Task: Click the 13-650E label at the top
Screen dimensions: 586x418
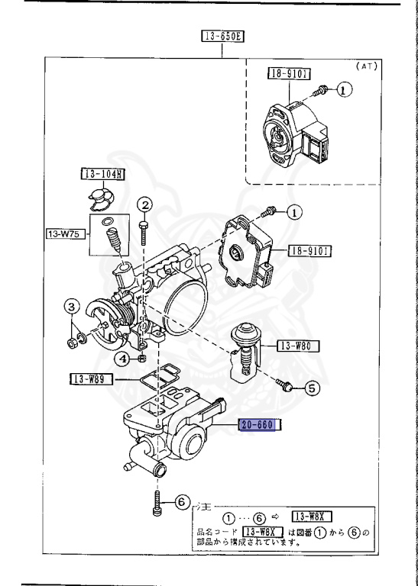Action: pos(221,36)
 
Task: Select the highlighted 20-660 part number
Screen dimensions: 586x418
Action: pos(260,425)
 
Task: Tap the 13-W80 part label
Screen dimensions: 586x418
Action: pos(296,346)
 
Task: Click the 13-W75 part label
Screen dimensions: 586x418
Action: pos(63,234)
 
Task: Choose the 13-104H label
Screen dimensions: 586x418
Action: pos(102,174)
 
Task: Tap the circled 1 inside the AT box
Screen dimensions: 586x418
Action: pos(345,90)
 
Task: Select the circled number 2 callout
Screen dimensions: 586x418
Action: pos(145,204)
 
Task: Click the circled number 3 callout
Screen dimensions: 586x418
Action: pos(71,307)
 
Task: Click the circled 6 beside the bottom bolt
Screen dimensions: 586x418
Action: pos(180,502)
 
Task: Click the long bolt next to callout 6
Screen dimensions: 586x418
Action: pos(158,504)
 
